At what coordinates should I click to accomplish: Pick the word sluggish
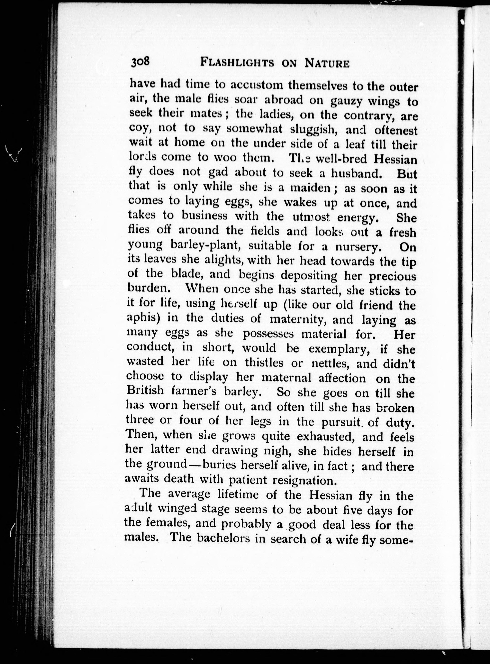pyautogui.click(x=316, y=130)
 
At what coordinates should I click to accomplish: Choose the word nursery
pyautogui.click(x=356, y=247)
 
